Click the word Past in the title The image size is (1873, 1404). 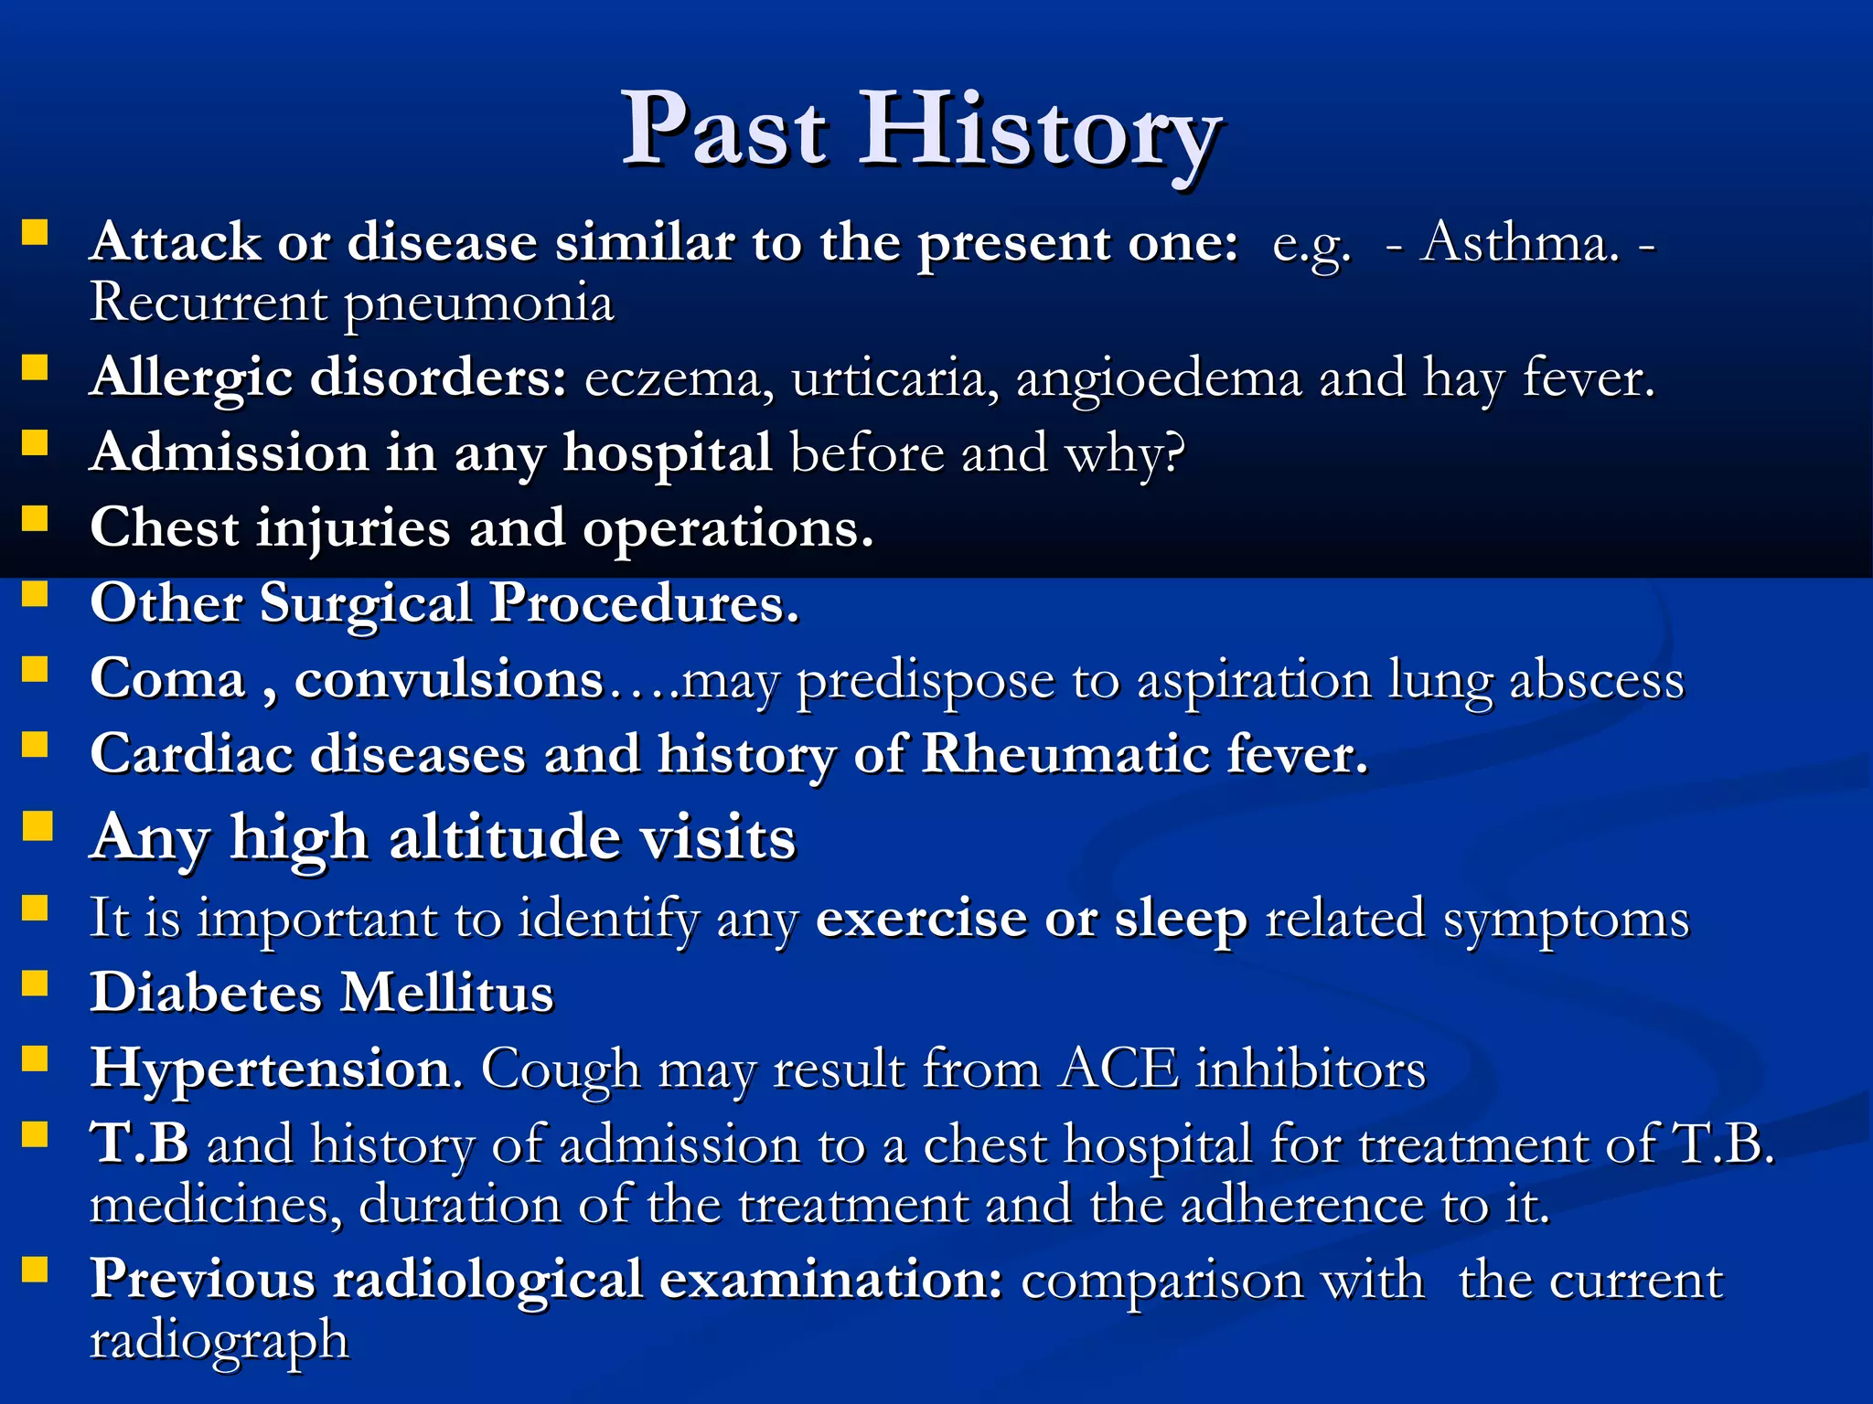pos(724,133)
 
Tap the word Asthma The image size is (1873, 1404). pos(1518,244)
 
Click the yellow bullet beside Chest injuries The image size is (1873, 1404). pos(35,519)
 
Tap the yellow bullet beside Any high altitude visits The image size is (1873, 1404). pos(37,826)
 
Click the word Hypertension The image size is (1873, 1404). pos(270,1070)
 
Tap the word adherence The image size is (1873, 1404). pos(1302,1206)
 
